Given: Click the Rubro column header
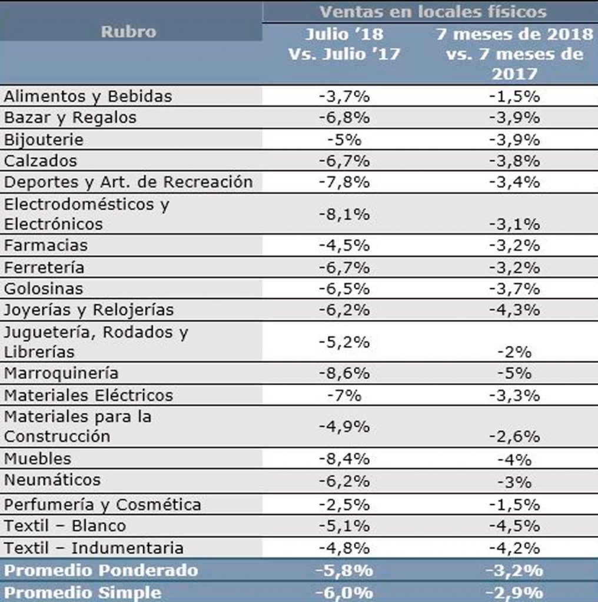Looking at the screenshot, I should (128, 32).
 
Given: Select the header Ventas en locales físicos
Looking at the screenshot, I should (433, 11).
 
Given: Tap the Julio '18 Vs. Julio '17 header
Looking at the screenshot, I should (344, 44).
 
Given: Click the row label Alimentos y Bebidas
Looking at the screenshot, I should (88, 96).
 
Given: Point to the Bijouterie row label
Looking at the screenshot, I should (44, 140).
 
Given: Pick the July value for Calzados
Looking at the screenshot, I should (344, 160).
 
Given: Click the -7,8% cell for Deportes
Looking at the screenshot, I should (344, 182).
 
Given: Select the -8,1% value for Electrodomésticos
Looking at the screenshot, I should (344, 214).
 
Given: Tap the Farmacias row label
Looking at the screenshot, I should (45, 245).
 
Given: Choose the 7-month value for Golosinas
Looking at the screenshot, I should (514, 289).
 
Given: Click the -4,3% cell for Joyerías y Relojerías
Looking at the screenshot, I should (514, 310).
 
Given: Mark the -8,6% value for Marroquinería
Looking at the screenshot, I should (344, 373).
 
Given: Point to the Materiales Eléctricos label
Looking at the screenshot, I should (88, 394).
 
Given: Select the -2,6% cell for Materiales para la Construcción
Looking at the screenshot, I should (514, 437).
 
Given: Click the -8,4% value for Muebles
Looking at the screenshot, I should (344, 459).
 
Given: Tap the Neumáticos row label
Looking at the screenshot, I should (52, 480).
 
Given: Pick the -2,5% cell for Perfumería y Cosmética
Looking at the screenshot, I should (344, 504).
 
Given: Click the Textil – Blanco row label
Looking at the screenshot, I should (65, 526).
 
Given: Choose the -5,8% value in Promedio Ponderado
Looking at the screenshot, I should (344, 570).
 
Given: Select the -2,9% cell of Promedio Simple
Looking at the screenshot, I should (514, 592).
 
